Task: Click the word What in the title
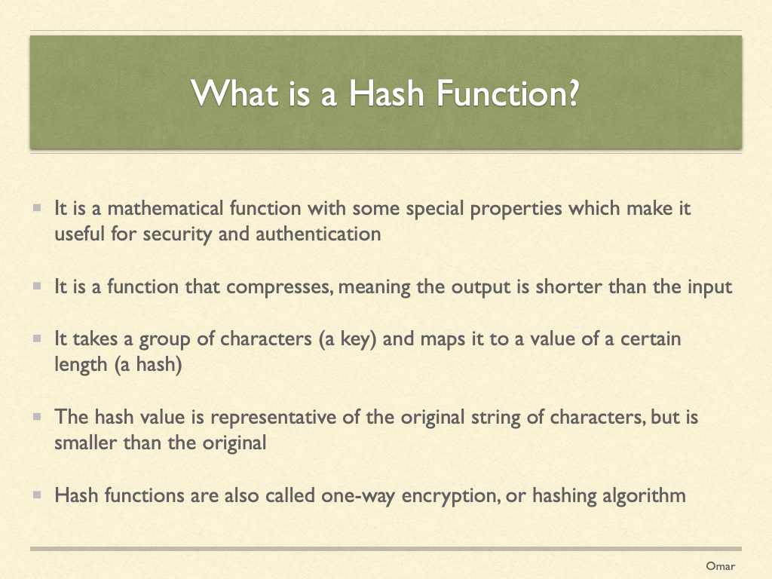point(234,93)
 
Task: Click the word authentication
point(318,234)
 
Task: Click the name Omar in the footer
point(720,566)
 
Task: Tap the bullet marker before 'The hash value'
point(37,416)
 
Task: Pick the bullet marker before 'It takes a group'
point(37,339)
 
